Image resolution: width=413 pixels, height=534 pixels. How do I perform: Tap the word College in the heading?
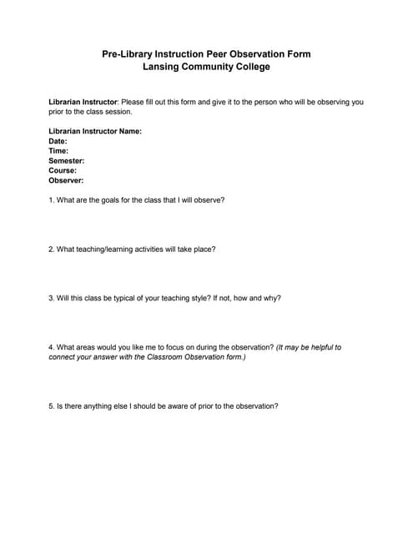click(252, 67)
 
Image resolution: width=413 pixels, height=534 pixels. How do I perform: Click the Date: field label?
click(58, 141)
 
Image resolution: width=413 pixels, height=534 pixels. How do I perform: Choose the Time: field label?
click(58, 151)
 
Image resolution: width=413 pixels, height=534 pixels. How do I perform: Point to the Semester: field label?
click(67, 160)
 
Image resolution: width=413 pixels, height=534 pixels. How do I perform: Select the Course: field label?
click(63, 170)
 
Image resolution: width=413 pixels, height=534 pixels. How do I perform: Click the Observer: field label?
click(66, 180)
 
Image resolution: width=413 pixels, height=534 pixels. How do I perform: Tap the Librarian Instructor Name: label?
click(95, 131)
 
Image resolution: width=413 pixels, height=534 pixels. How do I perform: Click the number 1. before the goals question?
click(52, 200)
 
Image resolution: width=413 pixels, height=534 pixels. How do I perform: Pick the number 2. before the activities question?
click(52, 249)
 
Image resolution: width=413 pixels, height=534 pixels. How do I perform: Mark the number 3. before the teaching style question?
click(52, 297)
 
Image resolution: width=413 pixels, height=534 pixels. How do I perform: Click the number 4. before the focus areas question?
click(52, 346)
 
